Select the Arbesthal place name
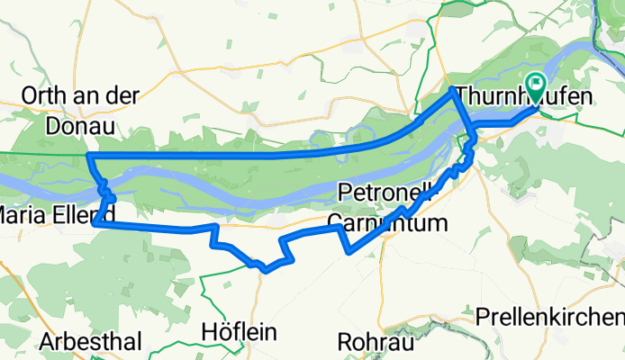[90, 342]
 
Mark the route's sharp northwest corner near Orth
[88, 156]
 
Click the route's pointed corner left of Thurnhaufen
[451, 89]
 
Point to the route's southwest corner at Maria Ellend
[94, 225]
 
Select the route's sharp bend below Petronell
[349, 252]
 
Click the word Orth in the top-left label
[42, 95]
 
